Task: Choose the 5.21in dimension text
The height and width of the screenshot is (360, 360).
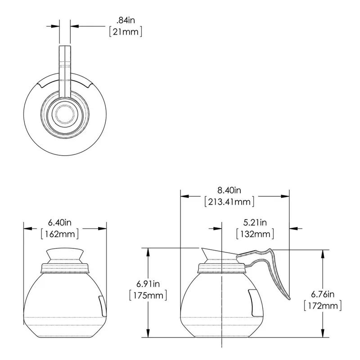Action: click(x=255, y=222)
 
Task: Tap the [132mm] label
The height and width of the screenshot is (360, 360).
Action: click(x=255, y=234)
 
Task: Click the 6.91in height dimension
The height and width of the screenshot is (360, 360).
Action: click(x=148, y=283)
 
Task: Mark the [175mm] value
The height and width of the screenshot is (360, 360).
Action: click(x=148, y=295)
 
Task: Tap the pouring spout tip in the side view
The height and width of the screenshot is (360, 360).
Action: click(x=202, y=249)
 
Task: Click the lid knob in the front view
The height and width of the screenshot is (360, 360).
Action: click(x=65, y=254)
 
